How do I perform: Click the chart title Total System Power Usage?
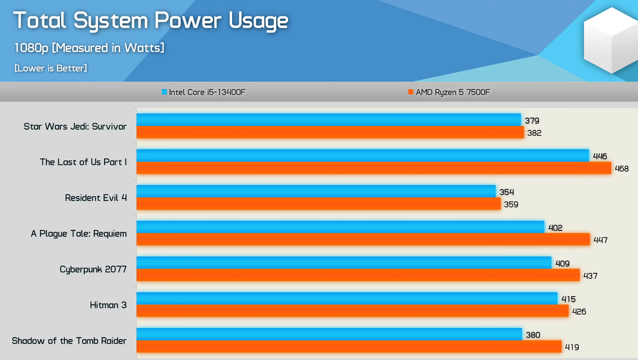click(x=151, y=21)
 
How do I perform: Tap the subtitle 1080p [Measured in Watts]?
click(x=89, y=48)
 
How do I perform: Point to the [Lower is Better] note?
click(x=51, y=68)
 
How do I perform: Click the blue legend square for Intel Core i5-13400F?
click(x=164, y=92)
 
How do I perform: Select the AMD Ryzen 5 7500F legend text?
click(x=453, y=92)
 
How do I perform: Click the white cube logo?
click(x=611, y=40)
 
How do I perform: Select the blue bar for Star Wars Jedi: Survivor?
click(x=328, y=120)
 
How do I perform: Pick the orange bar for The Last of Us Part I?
click(x=374, y=168)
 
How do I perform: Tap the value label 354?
click(x=507, y=192)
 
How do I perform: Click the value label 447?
click(x=601, y=240)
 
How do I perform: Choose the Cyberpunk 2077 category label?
click(x=93, y=269)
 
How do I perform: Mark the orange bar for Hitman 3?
click(x=352, y=311)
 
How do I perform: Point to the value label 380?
click(x=533, y=335)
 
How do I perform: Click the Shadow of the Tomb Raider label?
click(x=69, y=341)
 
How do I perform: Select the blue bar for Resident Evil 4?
click(x=316, y=191)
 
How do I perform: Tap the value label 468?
click(x=622, y=169)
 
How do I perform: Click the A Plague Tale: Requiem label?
click(x=79, y=234)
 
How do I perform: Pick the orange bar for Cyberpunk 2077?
click(x=358, y=275)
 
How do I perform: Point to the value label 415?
click(x=569, y=299)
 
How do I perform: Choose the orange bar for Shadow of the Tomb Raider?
click(x=349, y=347)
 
